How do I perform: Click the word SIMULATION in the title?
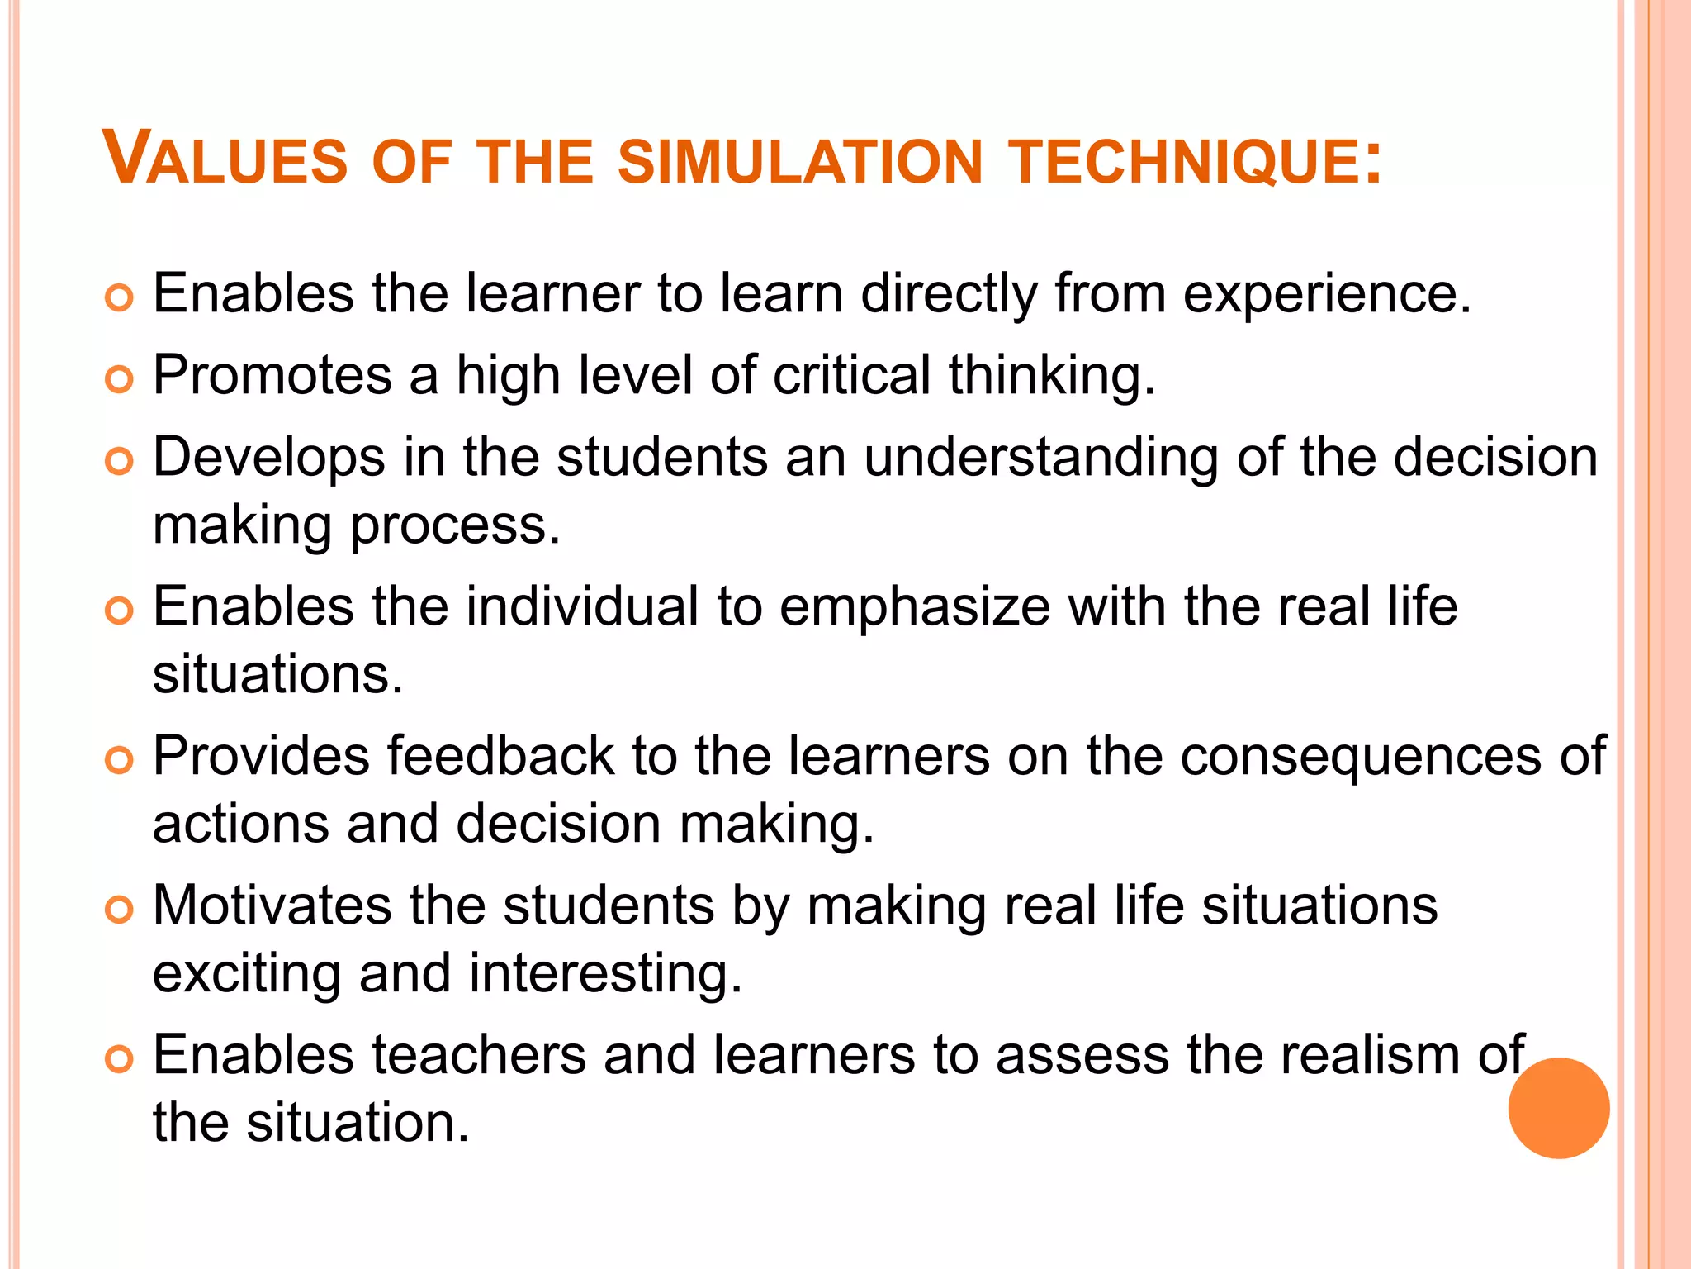click(800, 161)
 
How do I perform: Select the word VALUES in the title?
click(225, 159)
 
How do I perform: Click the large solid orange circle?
click(1558, 1108)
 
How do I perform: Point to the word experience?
click(1327, 295)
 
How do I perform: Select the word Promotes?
click(272, 376)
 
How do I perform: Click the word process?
click(456, 527)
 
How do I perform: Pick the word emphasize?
click(914, 608)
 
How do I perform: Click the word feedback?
click(501, 757)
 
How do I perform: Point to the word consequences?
click(1360, 758)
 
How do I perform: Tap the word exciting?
click(247, 975)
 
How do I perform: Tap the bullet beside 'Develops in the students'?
click(120, 462)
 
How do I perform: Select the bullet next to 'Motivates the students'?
click(120, 910)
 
